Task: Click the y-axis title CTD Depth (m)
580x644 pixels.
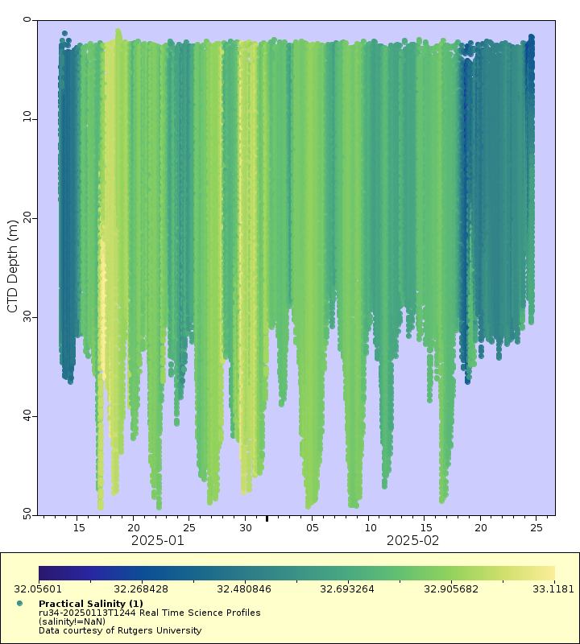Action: coord(12,266)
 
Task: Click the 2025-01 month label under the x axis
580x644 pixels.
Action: coord(158,541)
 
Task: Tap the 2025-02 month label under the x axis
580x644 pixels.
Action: coord(413,541)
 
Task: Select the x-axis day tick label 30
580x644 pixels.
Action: coord(246,527)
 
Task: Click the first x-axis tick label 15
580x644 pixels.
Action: coord(79,527)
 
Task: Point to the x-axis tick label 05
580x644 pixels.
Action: coord(313,527)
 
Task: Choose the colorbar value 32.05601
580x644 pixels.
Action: coord(37,588)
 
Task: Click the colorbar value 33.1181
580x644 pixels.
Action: coord(557,588)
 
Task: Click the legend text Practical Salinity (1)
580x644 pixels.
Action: coord(91,603)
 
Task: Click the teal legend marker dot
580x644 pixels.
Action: coord(19,603)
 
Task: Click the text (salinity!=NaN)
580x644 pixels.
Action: coord(72,621)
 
